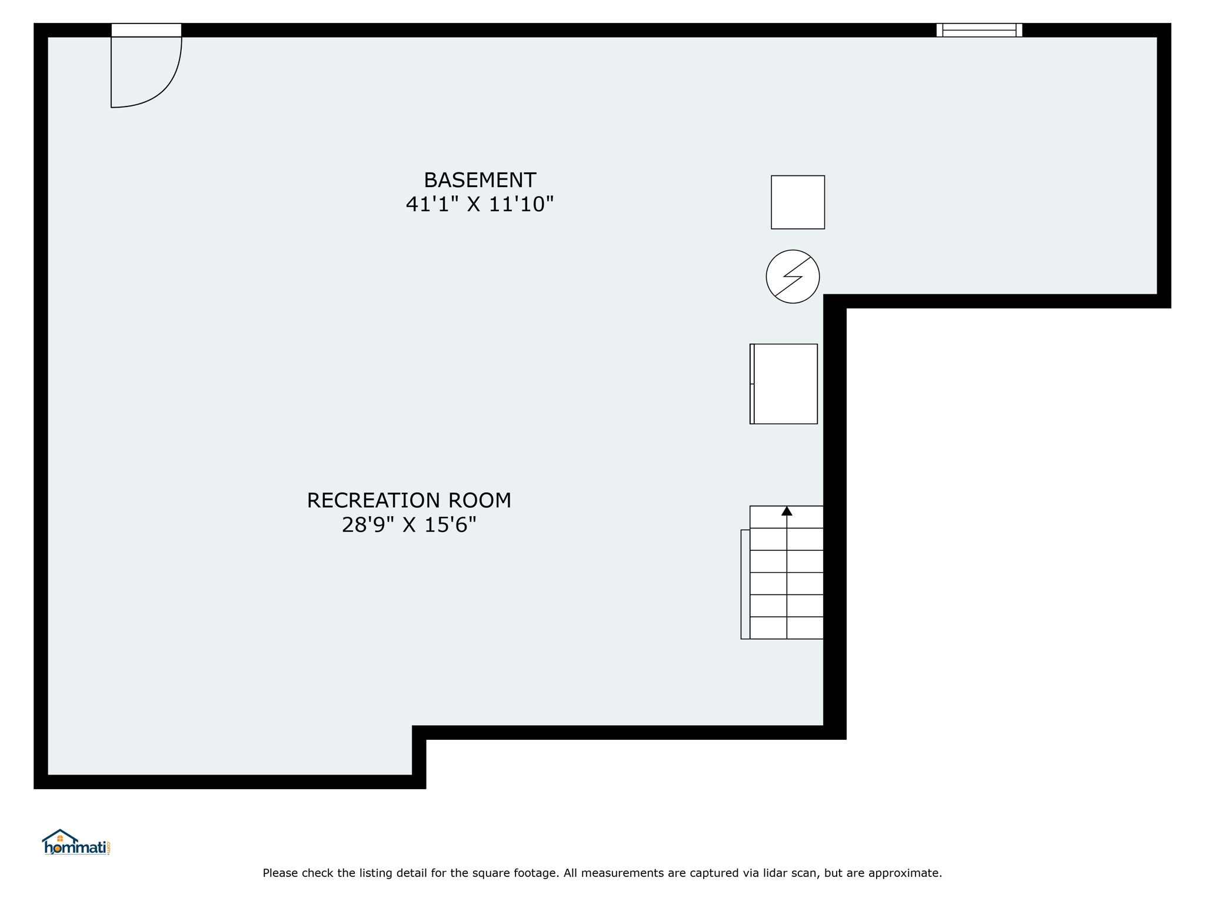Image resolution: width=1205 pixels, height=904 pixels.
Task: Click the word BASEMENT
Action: coord(480,180)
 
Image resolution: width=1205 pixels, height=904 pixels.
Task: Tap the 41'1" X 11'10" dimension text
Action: coord(480,204)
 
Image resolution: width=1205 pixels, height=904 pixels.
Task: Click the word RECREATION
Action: coord(374,500)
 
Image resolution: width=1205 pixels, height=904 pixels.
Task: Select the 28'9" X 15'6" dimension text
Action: coord(409,524)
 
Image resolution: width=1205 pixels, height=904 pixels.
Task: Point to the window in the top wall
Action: coord(979,30)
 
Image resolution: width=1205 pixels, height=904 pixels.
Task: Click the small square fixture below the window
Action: coord(798,202)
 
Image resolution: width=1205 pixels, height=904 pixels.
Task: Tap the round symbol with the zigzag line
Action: coord(793,277)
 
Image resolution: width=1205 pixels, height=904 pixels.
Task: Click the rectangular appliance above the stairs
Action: coord(784,384)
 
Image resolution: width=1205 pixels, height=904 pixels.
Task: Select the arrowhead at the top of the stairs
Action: coord(787,511)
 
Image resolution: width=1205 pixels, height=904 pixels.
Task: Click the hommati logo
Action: coord(76,842)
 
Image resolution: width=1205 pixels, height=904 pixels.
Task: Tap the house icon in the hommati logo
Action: coord(60,836)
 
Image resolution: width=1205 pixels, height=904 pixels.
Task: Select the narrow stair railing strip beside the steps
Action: coord(745,584)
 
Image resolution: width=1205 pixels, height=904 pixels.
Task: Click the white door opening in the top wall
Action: coord(147,30)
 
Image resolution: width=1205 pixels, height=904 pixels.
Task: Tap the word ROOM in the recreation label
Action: coord(480,500)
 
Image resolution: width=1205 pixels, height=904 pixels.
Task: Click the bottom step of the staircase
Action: coord(786,628)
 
